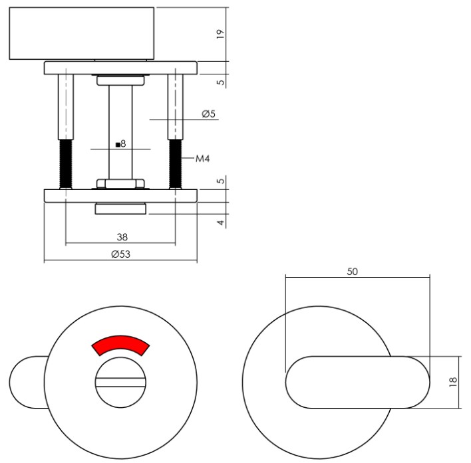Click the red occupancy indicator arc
click(x=120, y=346)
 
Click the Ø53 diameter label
click(x=120, y=254)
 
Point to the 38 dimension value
click(x=120, y=236)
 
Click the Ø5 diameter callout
click(x=208, y=114)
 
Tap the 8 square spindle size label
click(x=120, y=143)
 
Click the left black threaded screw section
click(x=65, y=163)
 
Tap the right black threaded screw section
click(x=176, y=163)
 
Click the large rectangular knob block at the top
click(x=80, y=33)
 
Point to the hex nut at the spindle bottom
click(x=120, y=183)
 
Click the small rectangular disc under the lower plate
click(x=120, y=209)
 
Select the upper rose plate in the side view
click(x=120, y=67)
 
